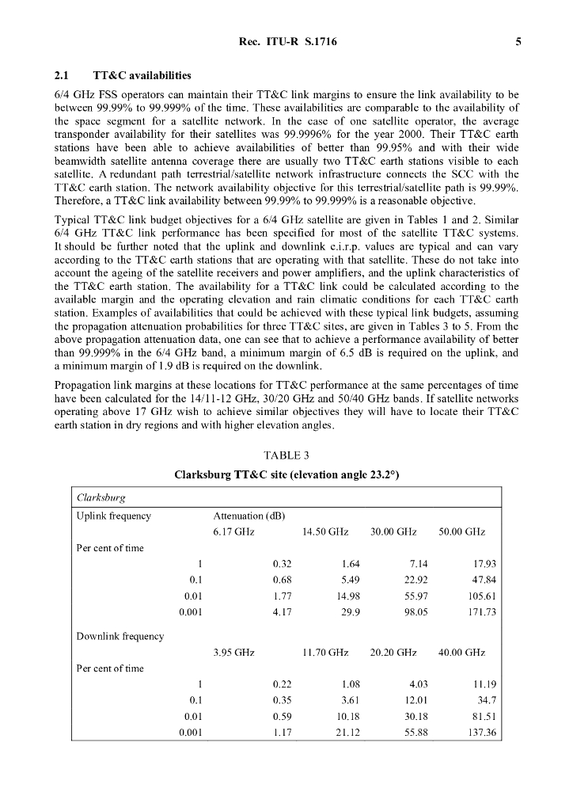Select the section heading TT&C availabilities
(142, 76)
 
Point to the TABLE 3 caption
(286, 455)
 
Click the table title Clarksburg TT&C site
(286, 475)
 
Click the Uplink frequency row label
(113, 516)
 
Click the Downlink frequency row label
(120, 637)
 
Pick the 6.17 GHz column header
(233, 532)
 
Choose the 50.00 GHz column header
(461, 532)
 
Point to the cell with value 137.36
(479, 733)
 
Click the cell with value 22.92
(415, 580)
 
